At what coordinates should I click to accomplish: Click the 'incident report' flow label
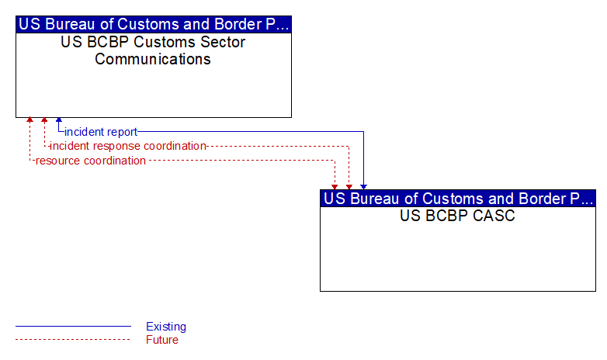tap(101, 132)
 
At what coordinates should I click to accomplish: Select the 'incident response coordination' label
tap(128, 146)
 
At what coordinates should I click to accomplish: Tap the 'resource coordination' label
tap(91, 161)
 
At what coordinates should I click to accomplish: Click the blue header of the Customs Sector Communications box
tap(154, 24)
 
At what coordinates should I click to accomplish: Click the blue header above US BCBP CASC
tap(458, 199)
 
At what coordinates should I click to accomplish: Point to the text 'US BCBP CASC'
tap(457, 216)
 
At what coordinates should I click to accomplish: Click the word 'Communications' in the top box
tap(153, 59)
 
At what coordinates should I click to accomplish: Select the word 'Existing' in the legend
tap(166, 327)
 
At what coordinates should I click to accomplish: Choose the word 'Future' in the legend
tap(162, 340)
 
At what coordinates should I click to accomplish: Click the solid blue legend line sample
tap(73, 327)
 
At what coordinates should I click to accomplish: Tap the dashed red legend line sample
tap(73, 340)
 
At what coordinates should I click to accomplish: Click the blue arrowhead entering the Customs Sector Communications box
tap(59, 120)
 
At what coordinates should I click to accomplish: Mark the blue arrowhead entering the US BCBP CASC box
tap(363, 187)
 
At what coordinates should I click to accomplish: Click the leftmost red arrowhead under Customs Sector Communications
tap(29, 120)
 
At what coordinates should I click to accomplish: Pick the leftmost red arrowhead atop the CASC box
tap(335, 187)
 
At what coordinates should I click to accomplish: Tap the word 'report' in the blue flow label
tap(122, 133)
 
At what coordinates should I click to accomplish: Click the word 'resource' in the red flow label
tap(58, 161)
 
